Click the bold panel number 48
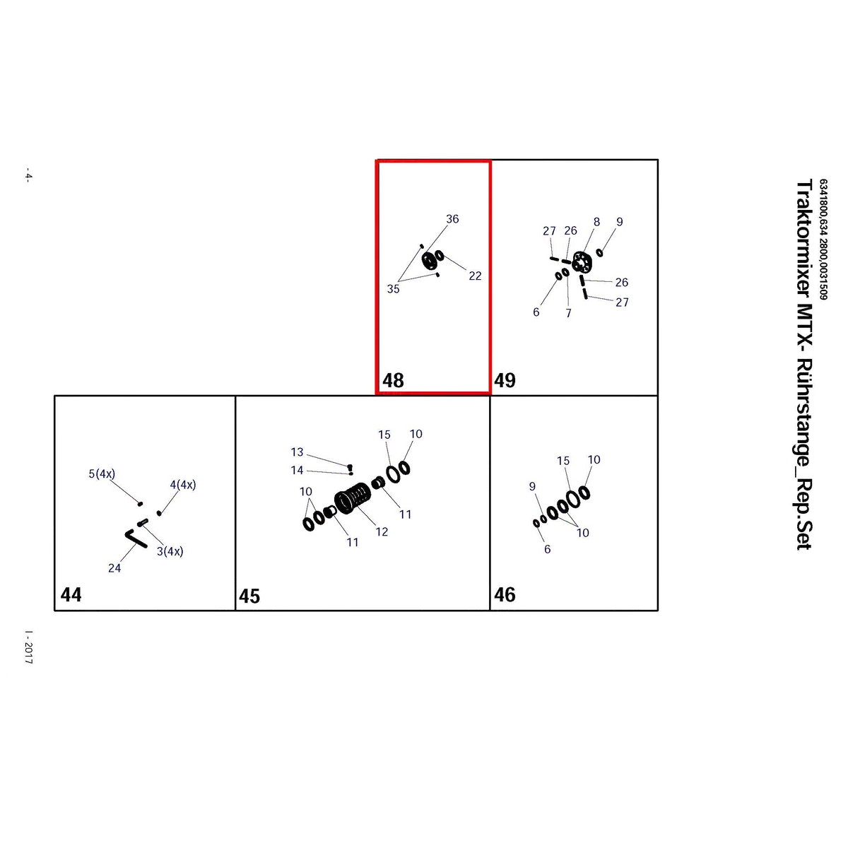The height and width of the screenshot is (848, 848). tap(392, 380)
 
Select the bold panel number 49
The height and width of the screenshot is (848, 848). tap(505, 380)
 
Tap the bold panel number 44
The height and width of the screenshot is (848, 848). tap(71, 594)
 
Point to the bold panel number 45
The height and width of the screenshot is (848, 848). tap(249, 596)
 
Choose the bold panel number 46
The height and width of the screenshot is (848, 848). tap(505, 594)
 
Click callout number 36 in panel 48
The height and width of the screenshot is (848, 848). tap(452, 218)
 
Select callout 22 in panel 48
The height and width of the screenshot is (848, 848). tap(475, 276)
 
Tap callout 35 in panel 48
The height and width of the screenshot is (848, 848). tap(393, 289)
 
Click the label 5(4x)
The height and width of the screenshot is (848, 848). tap(102, 474)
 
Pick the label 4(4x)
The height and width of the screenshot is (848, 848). tap(182, 485)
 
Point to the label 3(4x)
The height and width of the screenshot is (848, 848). tap(170, 551)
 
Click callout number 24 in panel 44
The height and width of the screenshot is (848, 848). tap(114, 568)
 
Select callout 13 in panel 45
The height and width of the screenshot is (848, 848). tap(297, 452)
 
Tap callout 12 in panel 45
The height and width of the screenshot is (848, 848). tap(382, 531)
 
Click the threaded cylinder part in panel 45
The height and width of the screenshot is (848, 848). tap(352, 497)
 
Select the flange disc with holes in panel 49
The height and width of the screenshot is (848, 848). tap(582, 262)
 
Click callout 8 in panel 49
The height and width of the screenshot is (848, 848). tap(596, 222)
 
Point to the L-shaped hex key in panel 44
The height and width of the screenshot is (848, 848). tap(136, 539)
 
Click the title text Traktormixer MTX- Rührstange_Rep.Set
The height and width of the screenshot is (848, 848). tap(804, 365)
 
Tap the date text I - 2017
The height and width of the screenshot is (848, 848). tap(28, 647)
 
